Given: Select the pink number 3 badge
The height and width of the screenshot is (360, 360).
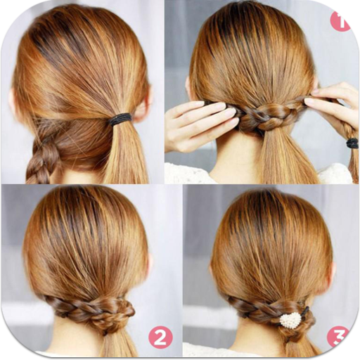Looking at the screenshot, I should pos(339,336).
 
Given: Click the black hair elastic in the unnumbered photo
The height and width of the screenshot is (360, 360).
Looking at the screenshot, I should pos(121,119).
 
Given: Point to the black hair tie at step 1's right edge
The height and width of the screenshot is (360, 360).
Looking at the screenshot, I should pos(352,143).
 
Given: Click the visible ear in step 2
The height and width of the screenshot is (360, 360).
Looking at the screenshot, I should pos(148,264).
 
